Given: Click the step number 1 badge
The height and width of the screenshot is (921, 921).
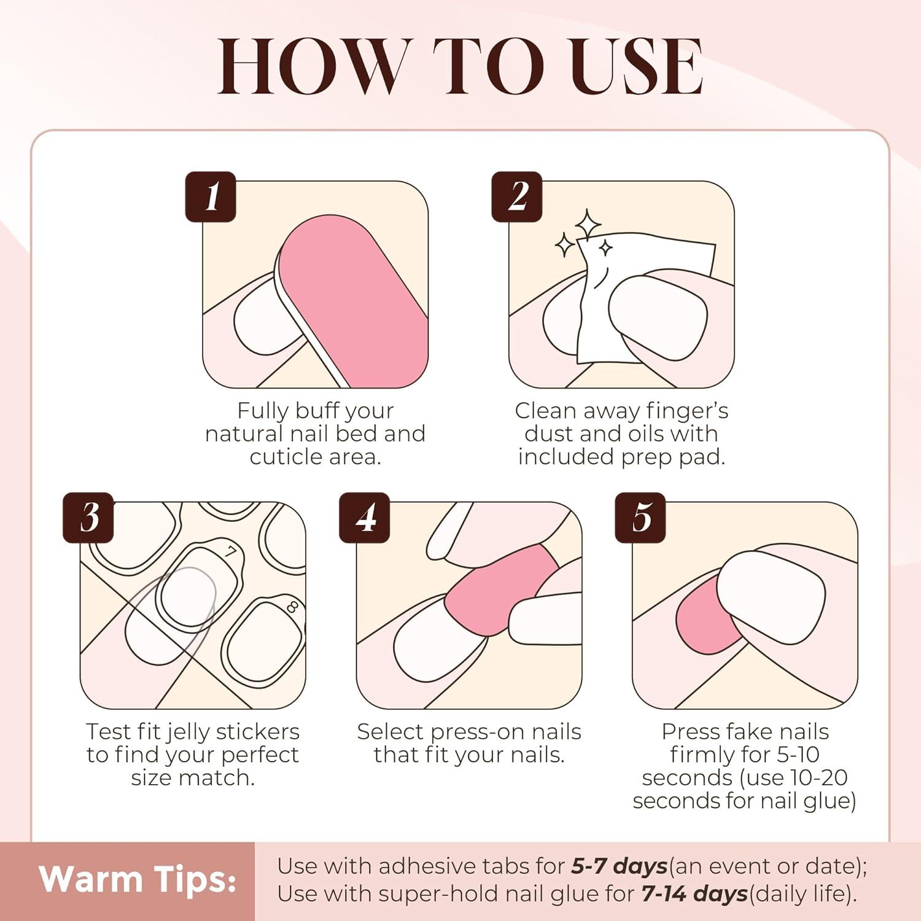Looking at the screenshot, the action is tap(211, 196).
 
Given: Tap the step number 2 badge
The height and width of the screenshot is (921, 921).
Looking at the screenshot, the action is tap(517, 196).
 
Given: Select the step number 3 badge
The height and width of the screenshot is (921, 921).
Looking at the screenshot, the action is tap(88, 518).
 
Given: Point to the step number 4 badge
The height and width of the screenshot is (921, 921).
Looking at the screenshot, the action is tap(365, 518).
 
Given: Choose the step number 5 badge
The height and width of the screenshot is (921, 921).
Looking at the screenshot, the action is tap(640, 518).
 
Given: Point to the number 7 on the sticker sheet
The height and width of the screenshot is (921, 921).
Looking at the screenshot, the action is tap(230, 551).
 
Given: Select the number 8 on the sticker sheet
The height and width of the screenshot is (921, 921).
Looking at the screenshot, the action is tap(292, 607).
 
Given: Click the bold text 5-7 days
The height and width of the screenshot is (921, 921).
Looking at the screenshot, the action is tap(619, 866).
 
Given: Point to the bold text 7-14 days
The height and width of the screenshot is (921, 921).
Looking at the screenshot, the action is tap(694, 894).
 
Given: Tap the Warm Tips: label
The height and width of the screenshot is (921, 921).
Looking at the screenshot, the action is tap(138, 879).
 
